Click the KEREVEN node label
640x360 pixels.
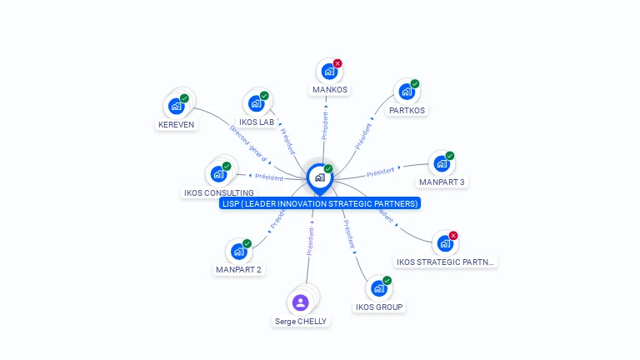point(176,125)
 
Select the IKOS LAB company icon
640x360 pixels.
point(255,104)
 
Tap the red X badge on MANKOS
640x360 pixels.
point(337,63)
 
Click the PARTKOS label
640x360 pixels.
point(407,110)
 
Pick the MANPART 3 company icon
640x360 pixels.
point(441,163)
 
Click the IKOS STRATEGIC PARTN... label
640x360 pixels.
point(445,262)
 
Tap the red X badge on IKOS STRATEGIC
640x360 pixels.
point(453,236)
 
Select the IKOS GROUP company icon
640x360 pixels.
point(378,288)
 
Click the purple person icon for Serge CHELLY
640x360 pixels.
point(301,302)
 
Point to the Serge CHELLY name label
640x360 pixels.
point(301,321)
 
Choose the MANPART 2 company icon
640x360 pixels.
point(238,251)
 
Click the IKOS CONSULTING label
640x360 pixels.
point(218,192)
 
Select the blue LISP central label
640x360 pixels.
point(320,203)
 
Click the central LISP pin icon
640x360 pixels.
point(319,177)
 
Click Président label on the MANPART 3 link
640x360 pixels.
point(380,172)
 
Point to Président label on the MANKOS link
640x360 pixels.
point(325,125)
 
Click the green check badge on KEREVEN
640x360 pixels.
point(184,98)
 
